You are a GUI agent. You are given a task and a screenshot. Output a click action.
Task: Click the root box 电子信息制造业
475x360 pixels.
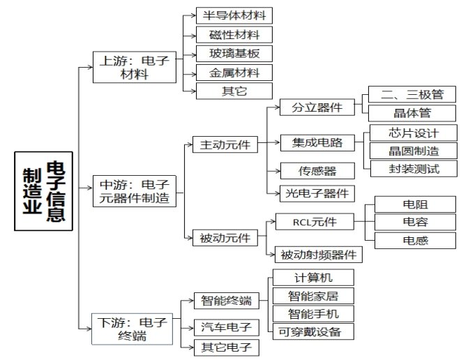point(43,190)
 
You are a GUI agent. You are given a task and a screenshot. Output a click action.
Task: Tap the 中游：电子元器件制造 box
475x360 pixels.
point(134,191)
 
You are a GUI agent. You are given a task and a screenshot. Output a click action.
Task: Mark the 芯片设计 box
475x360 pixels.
point(413,133)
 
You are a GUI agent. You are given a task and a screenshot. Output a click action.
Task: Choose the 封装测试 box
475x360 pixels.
point(413,168)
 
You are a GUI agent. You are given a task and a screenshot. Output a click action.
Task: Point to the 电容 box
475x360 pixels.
point(415,222)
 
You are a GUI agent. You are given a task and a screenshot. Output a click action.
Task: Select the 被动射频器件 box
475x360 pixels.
point(319,254)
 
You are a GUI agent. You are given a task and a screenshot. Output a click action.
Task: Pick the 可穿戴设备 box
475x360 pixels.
point(313,331)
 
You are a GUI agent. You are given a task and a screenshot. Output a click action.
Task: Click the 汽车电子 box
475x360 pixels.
point(226,327)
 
